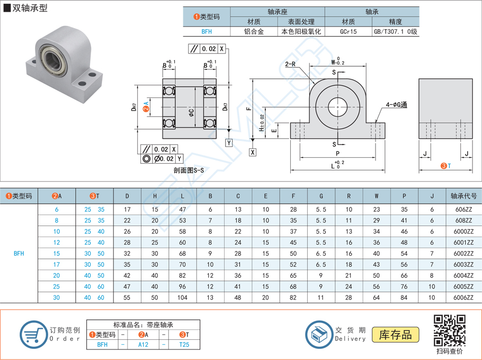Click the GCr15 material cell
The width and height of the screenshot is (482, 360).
click(348, 32)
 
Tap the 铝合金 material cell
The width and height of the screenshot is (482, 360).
click(254, 32)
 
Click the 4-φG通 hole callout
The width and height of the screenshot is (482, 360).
click(396, 105)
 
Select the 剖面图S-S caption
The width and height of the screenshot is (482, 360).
click(188, 171)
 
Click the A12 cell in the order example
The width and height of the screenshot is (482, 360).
click(144, 345)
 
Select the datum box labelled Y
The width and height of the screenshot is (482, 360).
click(229, 143)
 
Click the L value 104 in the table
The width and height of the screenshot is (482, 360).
click(183, 298)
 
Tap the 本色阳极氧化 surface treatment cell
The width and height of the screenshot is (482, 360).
click(301, 32)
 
